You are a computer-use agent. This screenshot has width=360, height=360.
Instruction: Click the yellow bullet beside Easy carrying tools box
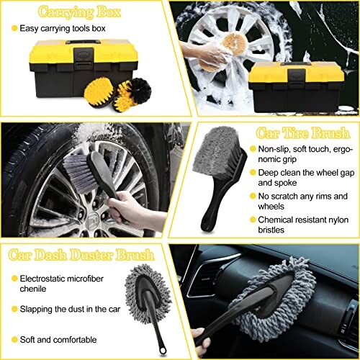point(14,28)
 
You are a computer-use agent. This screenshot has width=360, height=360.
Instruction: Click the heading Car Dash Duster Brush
point(78,256)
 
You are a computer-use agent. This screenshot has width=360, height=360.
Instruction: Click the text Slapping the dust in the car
point(76,308)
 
